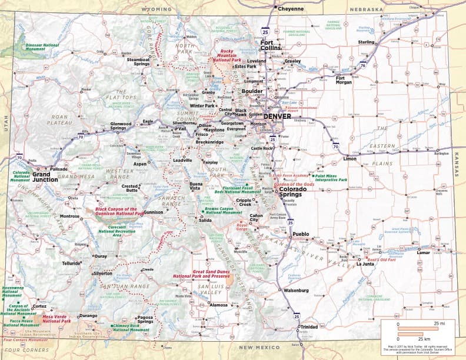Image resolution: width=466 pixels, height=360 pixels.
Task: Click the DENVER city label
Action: [x=277, y=116]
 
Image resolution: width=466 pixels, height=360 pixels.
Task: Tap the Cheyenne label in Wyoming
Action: [x=291, y=9]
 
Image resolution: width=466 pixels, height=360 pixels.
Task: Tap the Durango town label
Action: [x=88, y=316]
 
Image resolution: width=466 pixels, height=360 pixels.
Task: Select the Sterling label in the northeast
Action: [x=367, y=42]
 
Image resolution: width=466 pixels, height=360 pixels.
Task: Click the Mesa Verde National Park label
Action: [x=56, y=319]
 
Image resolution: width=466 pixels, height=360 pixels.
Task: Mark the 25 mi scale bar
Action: [x=417, y=328]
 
